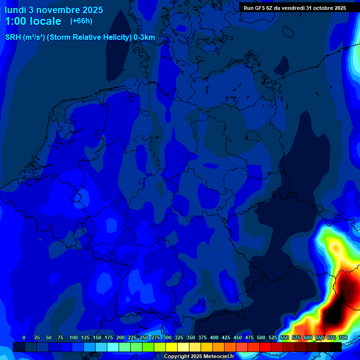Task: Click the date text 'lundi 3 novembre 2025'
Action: [54, 10]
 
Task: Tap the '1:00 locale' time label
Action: [33, 21]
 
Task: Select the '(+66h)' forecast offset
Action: [81, 21]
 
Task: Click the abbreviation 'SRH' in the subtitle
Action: [13, 37]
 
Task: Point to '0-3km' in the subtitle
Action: [144, 37]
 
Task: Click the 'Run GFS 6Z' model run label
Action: [259, 7]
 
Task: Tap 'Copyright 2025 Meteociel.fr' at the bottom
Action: [199, 357]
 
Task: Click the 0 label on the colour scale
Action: [24, 337]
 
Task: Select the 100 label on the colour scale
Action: [74, 337]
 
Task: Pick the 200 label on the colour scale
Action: [120, 337]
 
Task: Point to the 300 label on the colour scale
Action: [167, 337]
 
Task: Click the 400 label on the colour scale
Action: [214, 337]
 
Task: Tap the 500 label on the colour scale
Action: [261, 337]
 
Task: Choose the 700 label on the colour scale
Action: [343, 337]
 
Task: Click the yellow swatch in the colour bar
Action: [172, 347]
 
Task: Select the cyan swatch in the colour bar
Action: [113, 347]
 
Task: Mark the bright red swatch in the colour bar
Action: [265, 347]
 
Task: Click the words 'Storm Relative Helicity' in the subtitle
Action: [90, 37]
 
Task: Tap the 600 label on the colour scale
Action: [308, 337]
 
